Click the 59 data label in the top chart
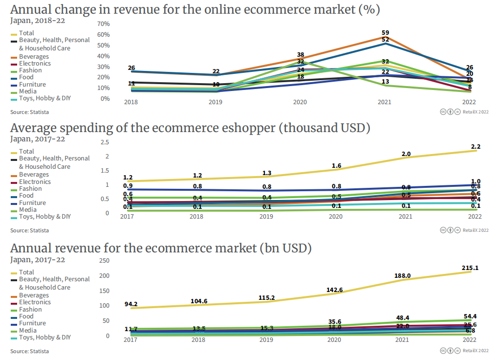pyautogui.click(x=385, y=32)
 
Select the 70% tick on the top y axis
pyautogui.click(x=104, y=24)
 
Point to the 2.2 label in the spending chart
pyautogui.click(x=475, y=147)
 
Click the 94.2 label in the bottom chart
pyautogui.click(x=131, y=304)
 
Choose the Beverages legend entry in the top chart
pyautogui.click(x=34, y=57)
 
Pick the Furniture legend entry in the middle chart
pyautogui.click(x=32, y=203)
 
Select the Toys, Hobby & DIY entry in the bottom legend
pyautogui.click(x=44, y=337)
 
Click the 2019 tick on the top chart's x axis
pyautogui.click(x=216, y=102)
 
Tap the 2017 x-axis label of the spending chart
pyautogui.click(x=127, y=217)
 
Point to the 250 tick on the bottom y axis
pyautogui.click(x=105, y=261)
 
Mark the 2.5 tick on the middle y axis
pyautogui.click(x=105, y=142)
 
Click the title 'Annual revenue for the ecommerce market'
pyautogui.click(x=161, y=248)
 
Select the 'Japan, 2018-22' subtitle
pyautogui.click(x=38, y=21)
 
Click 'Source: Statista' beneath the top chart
pyautogui.click(x=29, y=112)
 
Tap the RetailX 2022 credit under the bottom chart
pyautogui.click(x=475, y=351)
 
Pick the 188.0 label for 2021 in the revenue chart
pyautogui.click(x=402, y=276)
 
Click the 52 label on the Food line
pyautogui.click(x=385, y=40)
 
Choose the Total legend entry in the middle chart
pyautogui.click(x=26, y=152)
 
